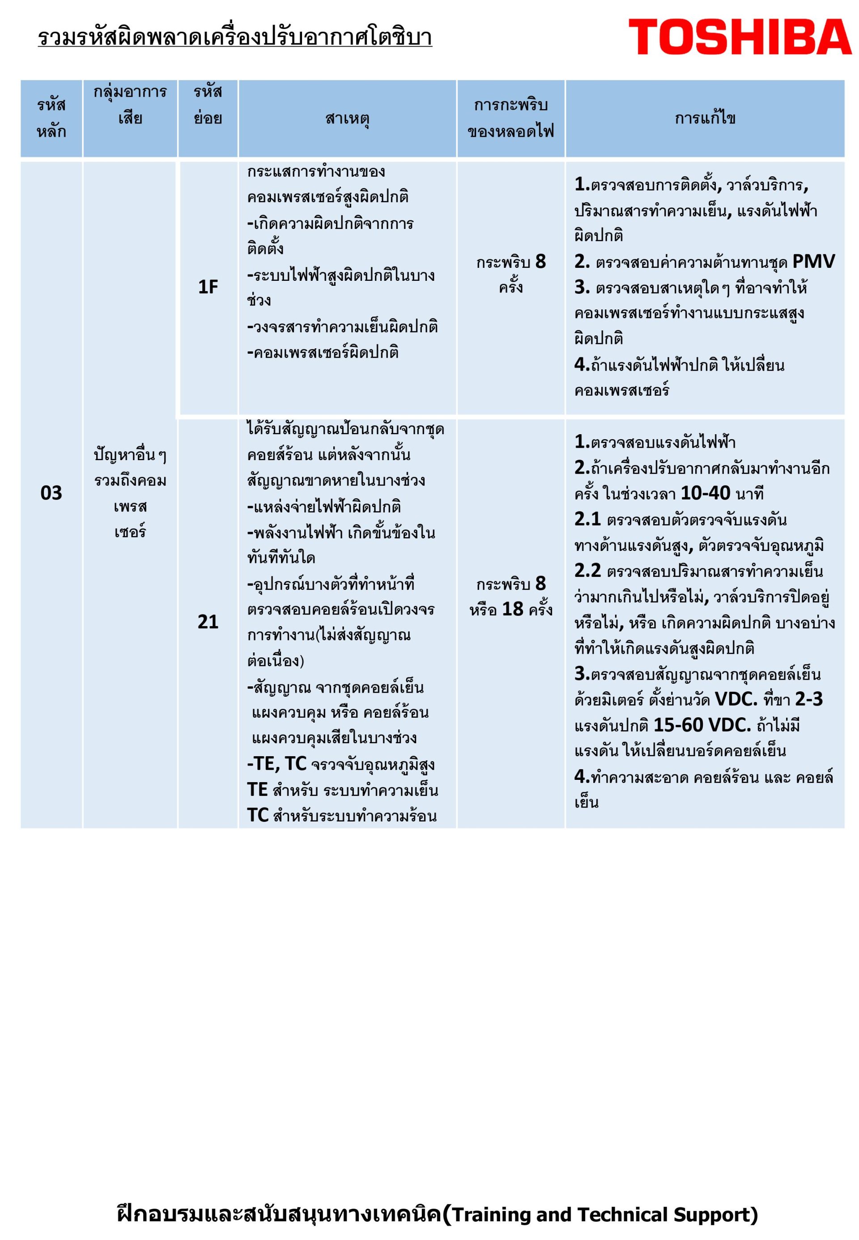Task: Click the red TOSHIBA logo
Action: point(740,37)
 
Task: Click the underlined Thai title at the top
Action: point(235,37)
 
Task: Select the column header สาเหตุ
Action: point(347,118)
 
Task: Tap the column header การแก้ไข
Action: point(705,118)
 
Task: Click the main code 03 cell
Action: point(51,493)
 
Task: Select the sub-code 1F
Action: point(208,287)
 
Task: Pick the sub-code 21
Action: point(208,622)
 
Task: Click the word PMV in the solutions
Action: point(813,262)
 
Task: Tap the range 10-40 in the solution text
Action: point(705,493)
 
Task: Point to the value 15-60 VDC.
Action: point(702,725)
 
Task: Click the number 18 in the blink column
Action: point(512,609)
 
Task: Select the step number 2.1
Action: point(587,519)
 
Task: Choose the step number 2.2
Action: point(587,571)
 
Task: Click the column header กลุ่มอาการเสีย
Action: point(130,105)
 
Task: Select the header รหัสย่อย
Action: point(208,105)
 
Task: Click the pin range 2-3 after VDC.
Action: point(809,699)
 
